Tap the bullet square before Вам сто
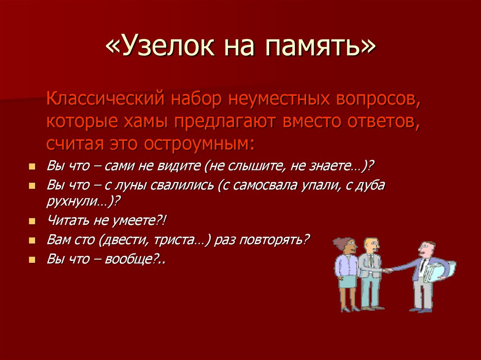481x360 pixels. [31, 241]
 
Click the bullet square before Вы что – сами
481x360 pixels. [31, 167]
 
